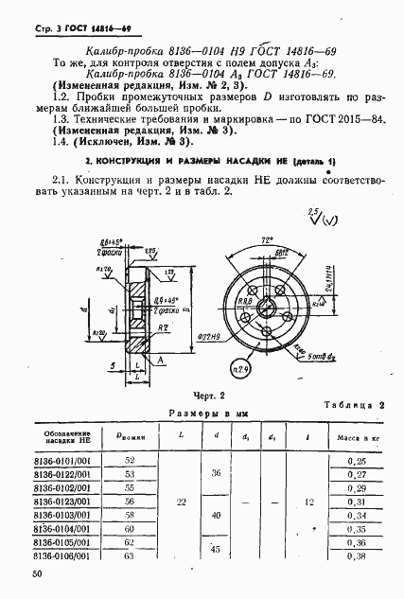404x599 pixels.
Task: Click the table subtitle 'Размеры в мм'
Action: (202, 414)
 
